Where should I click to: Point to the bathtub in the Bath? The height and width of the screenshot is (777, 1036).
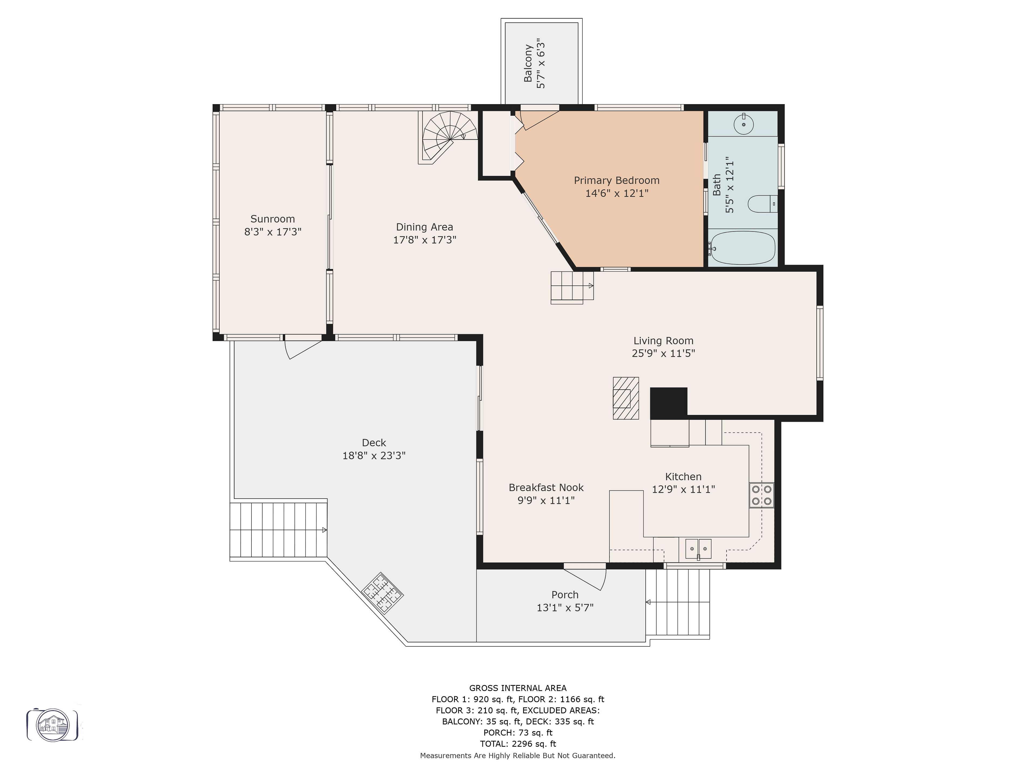coord(743,248)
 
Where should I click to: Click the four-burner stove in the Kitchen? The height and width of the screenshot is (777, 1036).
coord(762,495)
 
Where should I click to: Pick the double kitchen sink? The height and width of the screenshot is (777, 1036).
coord(698,549)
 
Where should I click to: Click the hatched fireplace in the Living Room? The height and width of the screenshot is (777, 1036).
coord(626,398)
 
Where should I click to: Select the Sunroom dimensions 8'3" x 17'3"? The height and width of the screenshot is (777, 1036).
coord(272,232)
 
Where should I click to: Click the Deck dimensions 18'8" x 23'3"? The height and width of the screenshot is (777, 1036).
coord(374,456)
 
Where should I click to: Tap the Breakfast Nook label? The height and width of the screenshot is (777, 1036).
coord(546,488)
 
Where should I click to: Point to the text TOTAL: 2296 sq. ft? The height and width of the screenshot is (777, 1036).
coord(518,744)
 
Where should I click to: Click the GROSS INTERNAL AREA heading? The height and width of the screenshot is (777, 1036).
coord(518,688)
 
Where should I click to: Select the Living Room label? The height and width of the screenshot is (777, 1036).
coord(663,341)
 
